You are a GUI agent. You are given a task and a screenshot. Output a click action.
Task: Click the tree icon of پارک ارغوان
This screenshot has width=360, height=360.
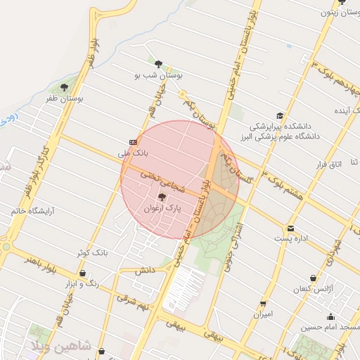point(162,198)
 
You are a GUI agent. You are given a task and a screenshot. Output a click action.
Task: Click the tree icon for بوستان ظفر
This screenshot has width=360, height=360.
point(65,88)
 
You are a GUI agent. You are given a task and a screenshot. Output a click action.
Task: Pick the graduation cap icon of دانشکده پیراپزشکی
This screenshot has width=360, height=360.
point(280,115)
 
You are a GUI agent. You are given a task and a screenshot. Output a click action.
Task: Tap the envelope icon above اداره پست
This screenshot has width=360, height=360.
point(290,228)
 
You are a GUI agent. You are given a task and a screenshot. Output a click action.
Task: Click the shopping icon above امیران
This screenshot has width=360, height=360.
point(263,304)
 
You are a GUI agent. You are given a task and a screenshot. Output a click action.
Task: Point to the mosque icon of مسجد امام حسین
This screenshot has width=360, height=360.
point(330,317)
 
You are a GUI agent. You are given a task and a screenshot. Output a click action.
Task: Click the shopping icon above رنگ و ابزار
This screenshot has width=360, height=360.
point(83,274)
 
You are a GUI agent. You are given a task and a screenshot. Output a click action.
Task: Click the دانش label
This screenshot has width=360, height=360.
point(144,270)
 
